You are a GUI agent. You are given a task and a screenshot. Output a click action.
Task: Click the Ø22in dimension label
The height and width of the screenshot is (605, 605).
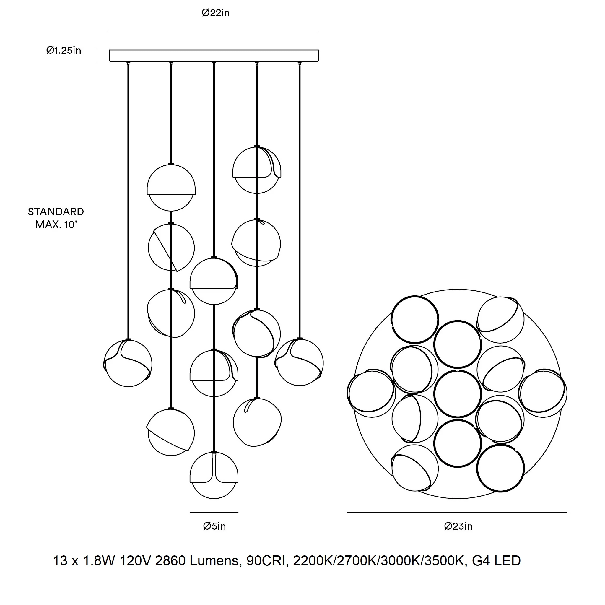click(215, 13)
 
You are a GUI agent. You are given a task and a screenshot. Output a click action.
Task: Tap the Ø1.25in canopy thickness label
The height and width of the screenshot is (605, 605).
click(64, 51)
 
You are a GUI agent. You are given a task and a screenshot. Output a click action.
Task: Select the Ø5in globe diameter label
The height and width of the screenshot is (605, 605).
click(214, 526)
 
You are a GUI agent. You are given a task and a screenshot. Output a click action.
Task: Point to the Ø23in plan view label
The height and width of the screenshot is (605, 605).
click(458, 526)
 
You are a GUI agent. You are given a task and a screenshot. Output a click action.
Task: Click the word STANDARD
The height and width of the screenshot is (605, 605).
click(56, 212)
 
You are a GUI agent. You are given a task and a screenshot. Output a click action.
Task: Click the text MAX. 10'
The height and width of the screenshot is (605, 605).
click(56, 225)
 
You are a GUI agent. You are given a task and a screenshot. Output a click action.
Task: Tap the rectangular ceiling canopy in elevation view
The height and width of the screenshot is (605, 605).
click(214, 56)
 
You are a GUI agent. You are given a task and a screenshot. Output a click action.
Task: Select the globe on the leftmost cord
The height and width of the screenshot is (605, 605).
click(128, 363)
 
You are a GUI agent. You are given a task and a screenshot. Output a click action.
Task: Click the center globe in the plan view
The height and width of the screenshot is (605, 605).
click(458, 394)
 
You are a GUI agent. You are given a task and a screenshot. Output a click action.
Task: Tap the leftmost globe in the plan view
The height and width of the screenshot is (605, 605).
click(371, 393)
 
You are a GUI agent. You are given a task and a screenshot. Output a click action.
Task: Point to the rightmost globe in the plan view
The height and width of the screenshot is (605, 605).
click(543, 393)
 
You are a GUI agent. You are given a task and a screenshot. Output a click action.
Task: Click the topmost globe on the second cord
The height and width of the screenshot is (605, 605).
click(171, 187)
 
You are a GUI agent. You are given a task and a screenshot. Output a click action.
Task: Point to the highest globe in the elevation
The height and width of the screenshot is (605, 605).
click(257, 170)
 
